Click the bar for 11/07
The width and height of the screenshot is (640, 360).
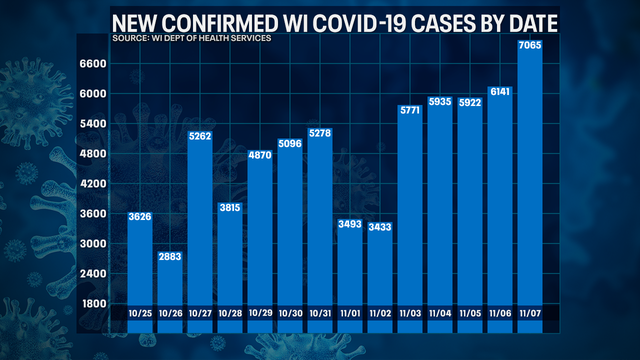pyautogui.click(x=528, y=180)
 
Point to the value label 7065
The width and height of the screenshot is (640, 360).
pyautogui.click(x=528, y=46)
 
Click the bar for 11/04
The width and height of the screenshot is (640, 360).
pyautogui.click(x=439, y=210)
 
